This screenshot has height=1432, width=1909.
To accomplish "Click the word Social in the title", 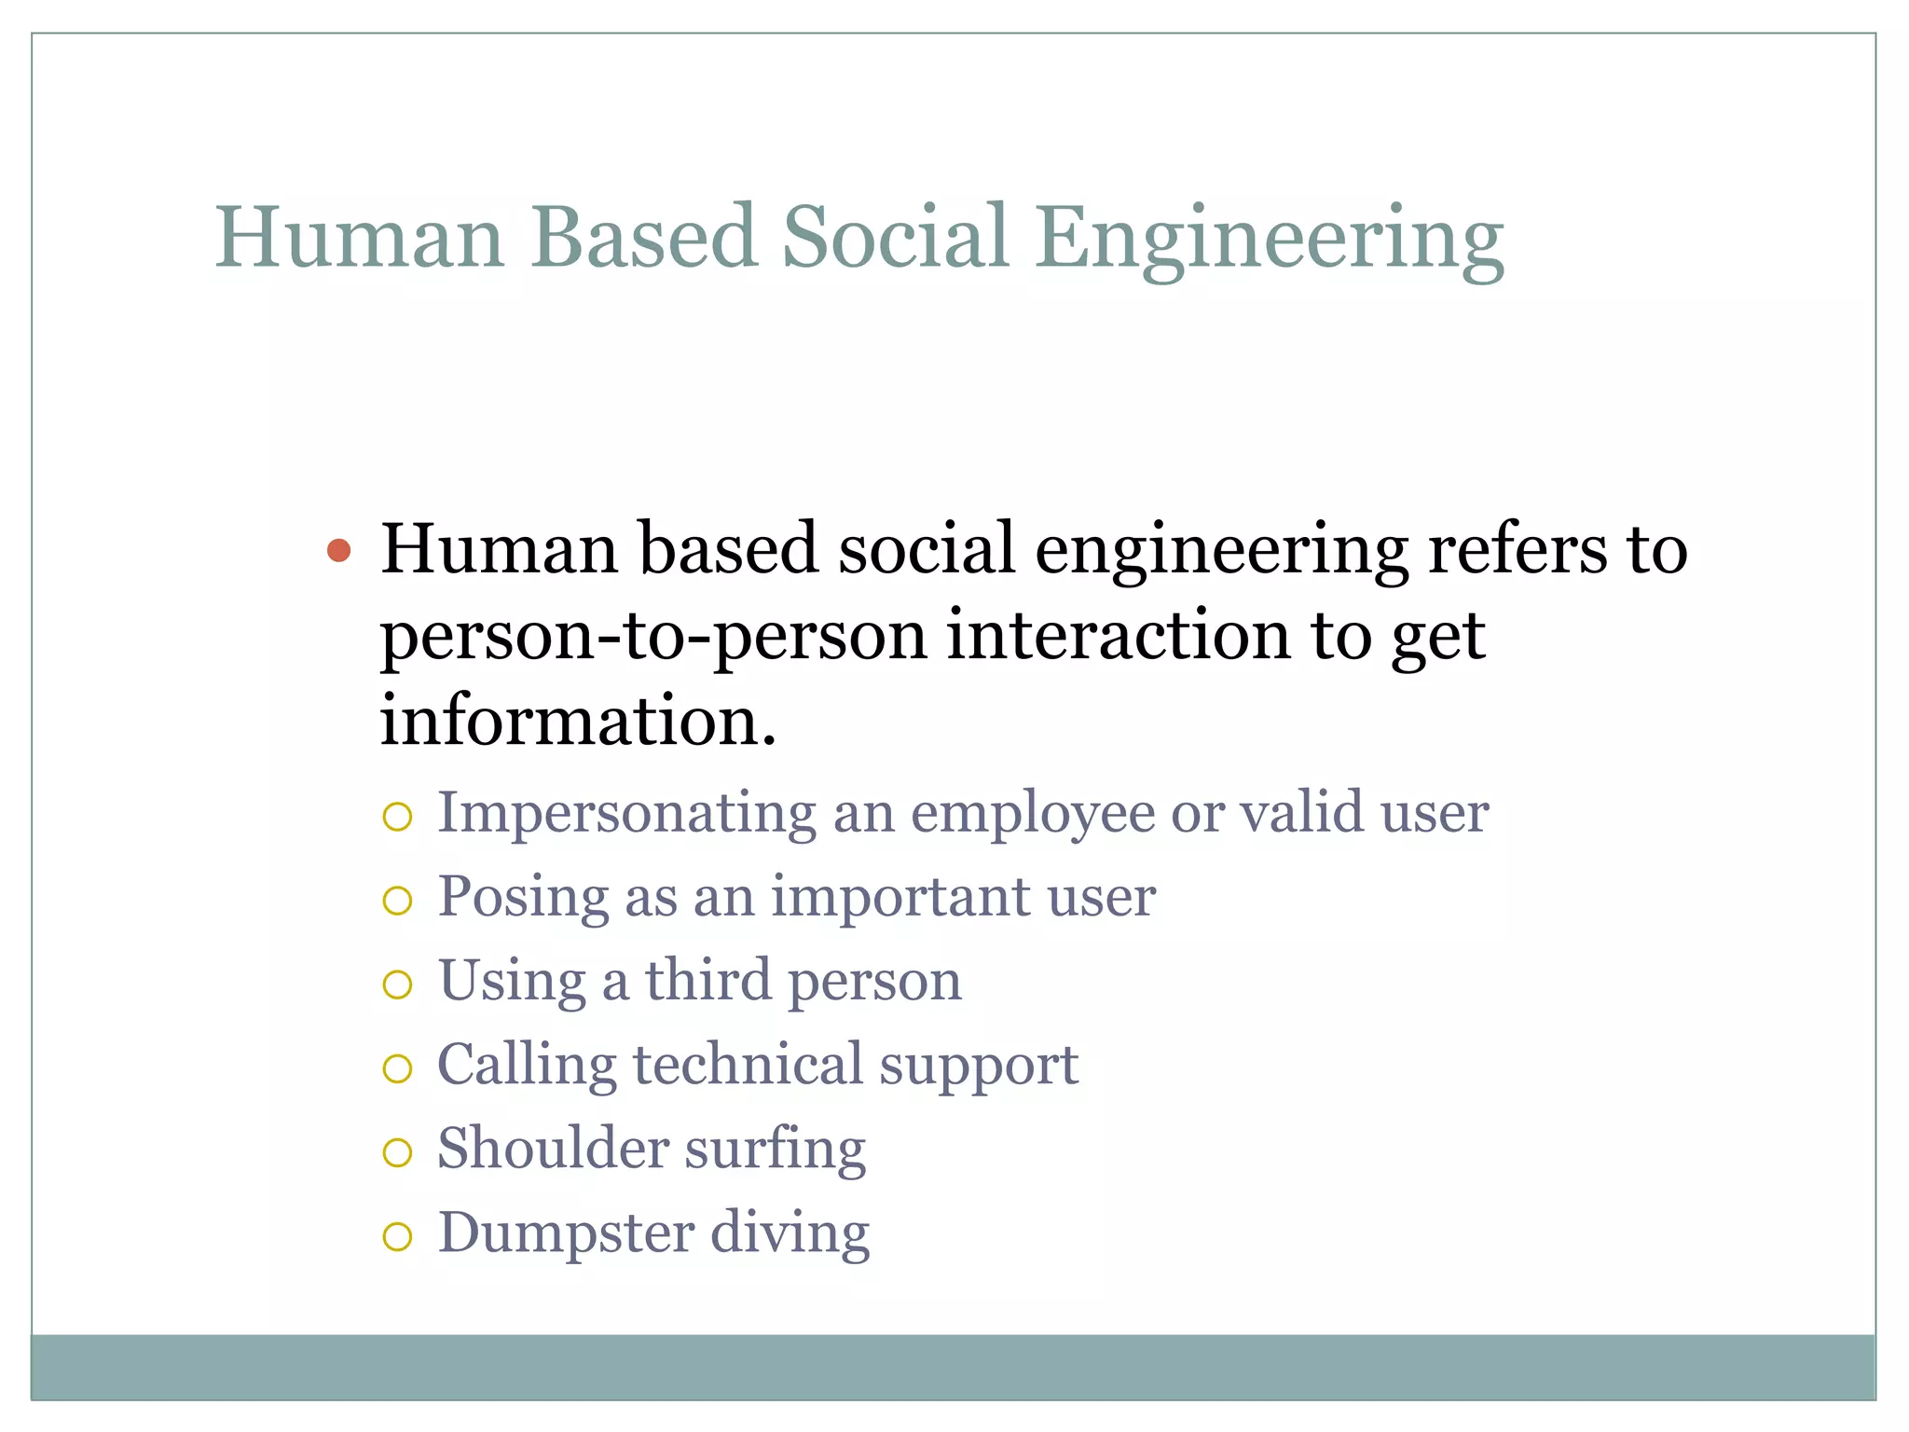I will (895, 237).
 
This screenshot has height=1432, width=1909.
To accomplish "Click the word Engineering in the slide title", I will (1270, 241).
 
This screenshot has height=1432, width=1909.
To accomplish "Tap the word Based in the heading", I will (643, 237).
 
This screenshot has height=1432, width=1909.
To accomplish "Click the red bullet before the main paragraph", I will (339, 550).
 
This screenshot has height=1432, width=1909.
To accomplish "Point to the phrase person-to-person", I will (652, 638).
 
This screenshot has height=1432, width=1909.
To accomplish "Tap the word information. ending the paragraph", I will (578, 722).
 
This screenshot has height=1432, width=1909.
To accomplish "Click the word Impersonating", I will (626, 813).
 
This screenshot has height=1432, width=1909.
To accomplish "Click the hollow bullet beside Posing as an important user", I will (397, 900).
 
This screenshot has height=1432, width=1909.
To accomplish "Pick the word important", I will (900, 898).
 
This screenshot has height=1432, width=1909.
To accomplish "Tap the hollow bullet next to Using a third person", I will (397, 984).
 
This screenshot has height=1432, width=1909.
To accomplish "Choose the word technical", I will (748, 1065).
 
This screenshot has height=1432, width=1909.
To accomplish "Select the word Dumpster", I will (566, 1233).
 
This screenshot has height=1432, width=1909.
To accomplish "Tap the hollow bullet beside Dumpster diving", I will (397, 1236).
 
